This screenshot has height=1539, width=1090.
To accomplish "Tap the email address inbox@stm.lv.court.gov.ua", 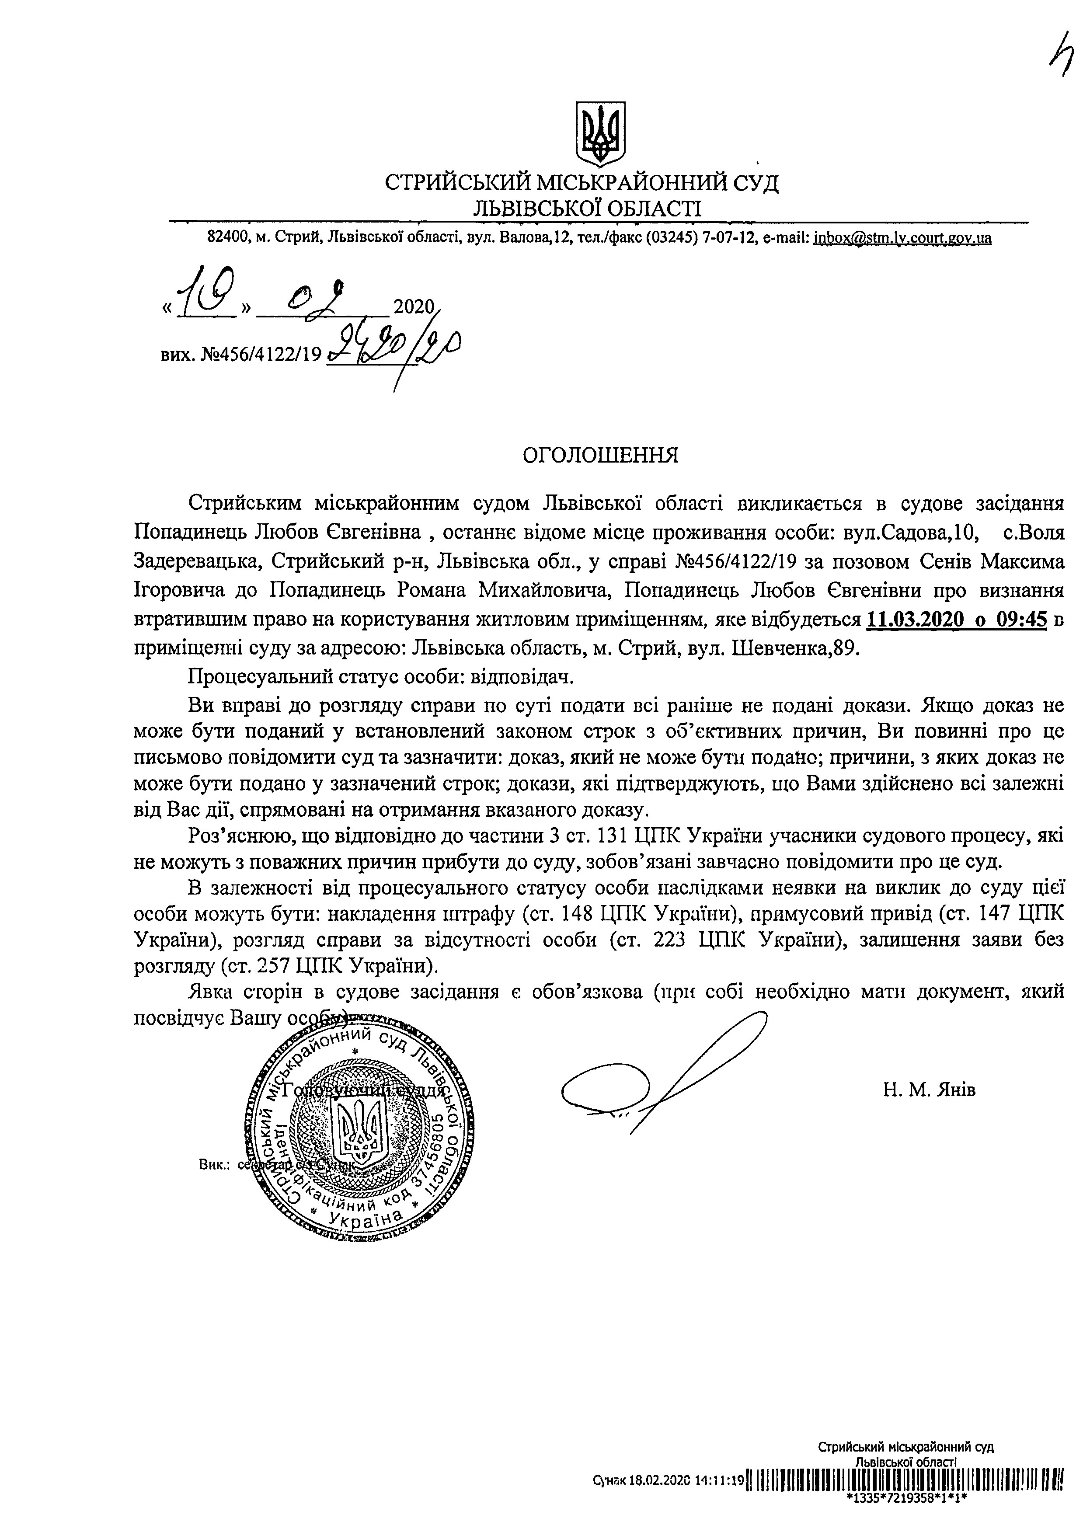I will (902, 237).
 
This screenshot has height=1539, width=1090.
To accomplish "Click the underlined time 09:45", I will (1022, 619).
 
